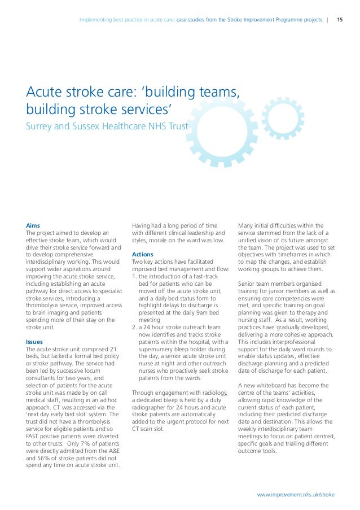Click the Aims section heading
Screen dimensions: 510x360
click(33, 225)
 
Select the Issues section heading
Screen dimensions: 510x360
click(35, 342)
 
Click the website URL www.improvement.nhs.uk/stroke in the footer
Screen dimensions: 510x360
click(296, 494)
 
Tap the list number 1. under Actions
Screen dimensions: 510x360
click(134, 276)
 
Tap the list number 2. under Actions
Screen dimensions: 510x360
click(134, 327)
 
